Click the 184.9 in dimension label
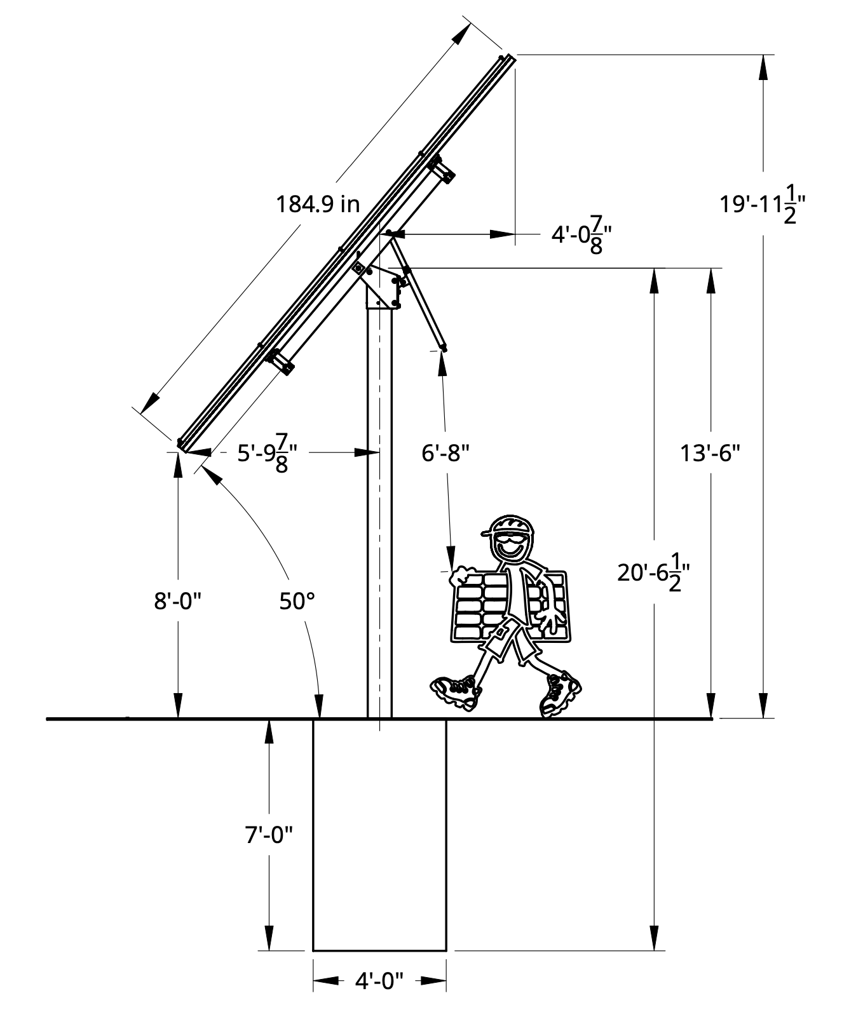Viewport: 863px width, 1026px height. pyautogui.click(x=318, y=204)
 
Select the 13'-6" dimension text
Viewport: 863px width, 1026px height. pyautogui.click(x=710, y=454)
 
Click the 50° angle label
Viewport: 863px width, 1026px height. pyautogui.click(x=297, y=600)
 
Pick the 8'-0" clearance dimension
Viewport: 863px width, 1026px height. pyautogui.click(x=178, y=600)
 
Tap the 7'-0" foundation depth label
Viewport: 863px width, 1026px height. pyautogui.click(x=269, y=834)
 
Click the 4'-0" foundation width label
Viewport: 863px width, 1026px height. pyautogui.click(x=379, y=981)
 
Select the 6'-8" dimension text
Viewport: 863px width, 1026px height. pyautogui.click(x=445, y=453)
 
